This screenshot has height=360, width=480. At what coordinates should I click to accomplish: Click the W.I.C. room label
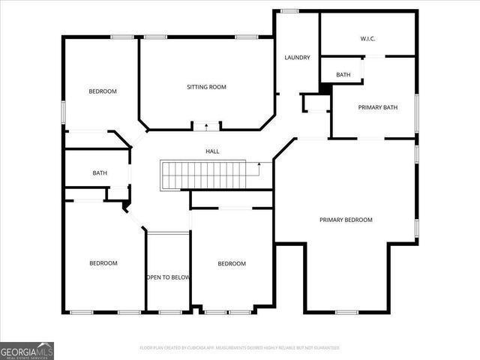coord(367,39)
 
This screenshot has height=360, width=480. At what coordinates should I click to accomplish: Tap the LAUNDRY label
coord(297,58)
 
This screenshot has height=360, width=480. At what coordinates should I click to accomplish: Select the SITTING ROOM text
coord(206,87)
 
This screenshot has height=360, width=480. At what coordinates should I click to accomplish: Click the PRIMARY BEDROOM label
coord(346,220)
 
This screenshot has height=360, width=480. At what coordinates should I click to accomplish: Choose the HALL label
coord(213,151)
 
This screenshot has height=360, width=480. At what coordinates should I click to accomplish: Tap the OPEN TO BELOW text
coord(168,277)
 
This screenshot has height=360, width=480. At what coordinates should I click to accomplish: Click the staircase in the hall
coord(204,175)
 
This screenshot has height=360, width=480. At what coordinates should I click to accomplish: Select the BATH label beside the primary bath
coord(343,75)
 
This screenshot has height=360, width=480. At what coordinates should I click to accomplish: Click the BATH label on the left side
coord(100,173)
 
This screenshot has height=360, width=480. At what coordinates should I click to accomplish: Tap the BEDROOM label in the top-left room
coord(103,91)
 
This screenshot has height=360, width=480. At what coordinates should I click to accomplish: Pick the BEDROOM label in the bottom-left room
coord(103,263)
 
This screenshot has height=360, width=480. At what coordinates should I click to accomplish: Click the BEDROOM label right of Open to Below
coord(232,263)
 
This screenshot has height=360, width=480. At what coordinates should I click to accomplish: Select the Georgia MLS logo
coord(27,350)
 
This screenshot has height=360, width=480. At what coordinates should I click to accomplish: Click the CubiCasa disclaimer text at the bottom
coord(240,348)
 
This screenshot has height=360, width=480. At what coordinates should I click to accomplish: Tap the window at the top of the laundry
coord(289,10)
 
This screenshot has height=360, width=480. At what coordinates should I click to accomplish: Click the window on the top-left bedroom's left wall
coord(64,112)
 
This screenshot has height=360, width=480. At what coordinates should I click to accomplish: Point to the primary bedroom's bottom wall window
coord(346,312)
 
